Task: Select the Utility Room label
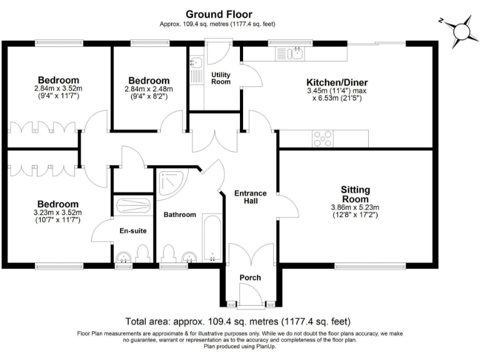(x=221, y=78)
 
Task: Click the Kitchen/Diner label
(x=337, y=82)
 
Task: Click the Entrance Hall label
(x=250, y=197)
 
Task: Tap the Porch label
(x=251, y=277)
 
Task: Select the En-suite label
(x=133, y=231)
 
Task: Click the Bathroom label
(x=180, y=214)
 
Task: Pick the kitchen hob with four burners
(x=322, y=137)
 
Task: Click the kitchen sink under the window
(x=291, y=54)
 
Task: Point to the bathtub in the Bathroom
(x=212, y=238)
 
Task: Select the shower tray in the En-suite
(x=134, y=205)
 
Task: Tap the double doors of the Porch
(x=251, y=256)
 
